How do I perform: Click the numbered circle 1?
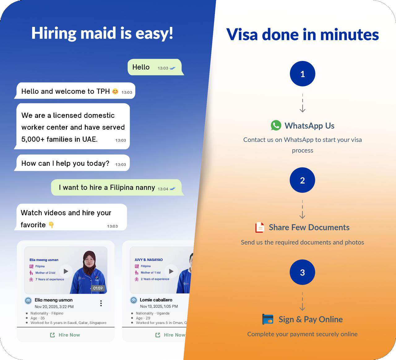[303, 74]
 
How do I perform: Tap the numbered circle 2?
[302, 180]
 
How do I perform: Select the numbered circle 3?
[302, 272]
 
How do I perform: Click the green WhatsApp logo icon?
[276, 125]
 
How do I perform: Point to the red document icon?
[260, 227]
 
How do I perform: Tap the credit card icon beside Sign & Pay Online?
[268, 319]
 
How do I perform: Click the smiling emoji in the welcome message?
[115, 91]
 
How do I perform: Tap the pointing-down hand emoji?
[51, 225]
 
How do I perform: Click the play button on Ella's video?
[66, 271]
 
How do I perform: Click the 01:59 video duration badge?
[98, 288]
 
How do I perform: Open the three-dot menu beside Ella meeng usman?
[101, 303]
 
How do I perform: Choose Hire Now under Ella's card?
[65, 335]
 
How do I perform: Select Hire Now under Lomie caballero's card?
[170, 335]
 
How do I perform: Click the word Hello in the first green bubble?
[141, 67]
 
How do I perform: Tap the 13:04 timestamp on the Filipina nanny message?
[163, 189]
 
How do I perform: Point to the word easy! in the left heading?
[154, 33]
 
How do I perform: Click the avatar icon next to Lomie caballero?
[134, 300]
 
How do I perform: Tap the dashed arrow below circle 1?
[303, 103]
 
